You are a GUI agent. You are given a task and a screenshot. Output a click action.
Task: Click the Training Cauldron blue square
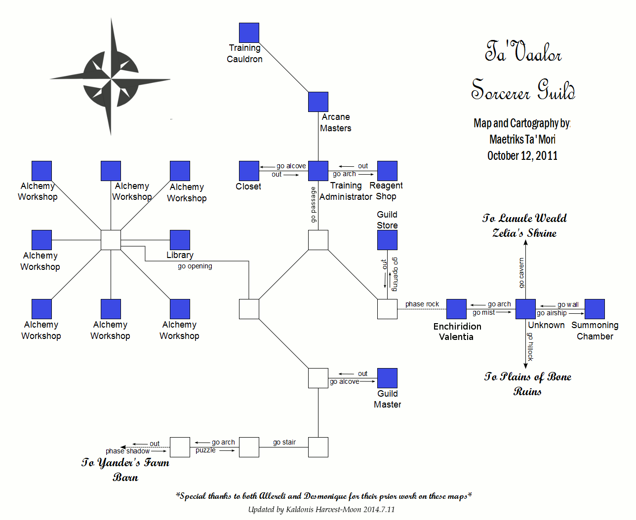tap(249, 33)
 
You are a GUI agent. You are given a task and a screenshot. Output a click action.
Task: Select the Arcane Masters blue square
tap(318, 102)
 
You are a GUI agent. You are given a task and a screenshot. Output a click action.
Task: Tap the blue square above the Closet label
tap(249, 171)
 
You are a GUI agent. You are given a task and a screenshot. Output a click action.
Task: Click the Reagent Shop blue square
tap(387, 171)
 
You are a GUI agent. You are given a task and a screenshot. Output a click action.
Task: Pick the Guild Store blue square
tap(387, 240)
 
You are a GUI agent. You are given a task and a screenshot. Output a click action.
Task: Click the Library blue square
tap(180, 240)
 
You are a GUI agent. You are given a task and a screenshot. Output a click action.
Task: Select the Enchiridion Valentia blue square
tap(456, 309)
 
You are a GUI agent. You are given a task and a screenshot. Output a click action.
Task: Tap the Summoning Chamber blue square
tap(595, 309)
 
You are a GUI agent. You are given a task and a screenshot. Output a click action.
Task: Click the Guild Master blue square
tap(387, 378)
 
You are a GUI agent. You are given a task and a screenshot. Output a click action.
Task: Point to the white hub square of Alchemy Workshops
tap(111, 240)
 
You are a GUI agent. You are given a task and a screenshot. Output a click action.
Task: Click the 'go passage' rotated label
tap(313, 205)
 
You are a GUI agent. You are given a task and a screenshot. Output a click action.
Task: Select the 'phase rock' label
tap(422, 304)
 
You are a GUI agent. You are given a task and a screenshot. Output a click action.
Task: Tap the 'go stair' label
tap(284, 442)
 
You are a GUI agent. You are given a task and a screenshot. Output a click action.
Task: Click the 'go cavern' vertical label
tap(521, 273)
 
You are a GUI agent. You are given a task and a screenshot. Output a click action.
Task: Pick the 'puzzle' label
tap(205, 450)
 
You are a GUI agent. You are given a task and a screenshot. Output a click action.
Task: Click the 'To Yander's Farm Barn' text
tap(125, 470)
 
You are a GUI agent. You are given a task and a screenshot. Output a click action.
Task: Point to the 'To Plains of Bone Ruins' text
tap(527, 384)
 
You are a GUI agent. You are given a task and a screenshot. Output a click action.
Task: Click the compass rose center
tap(111, 78)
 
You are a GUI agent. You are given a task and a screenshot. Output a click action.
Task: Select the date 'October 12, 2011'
tap(522, 156)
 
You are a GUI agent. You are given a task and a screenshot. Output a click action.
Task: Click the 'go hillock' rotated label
tap(530, 346)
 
